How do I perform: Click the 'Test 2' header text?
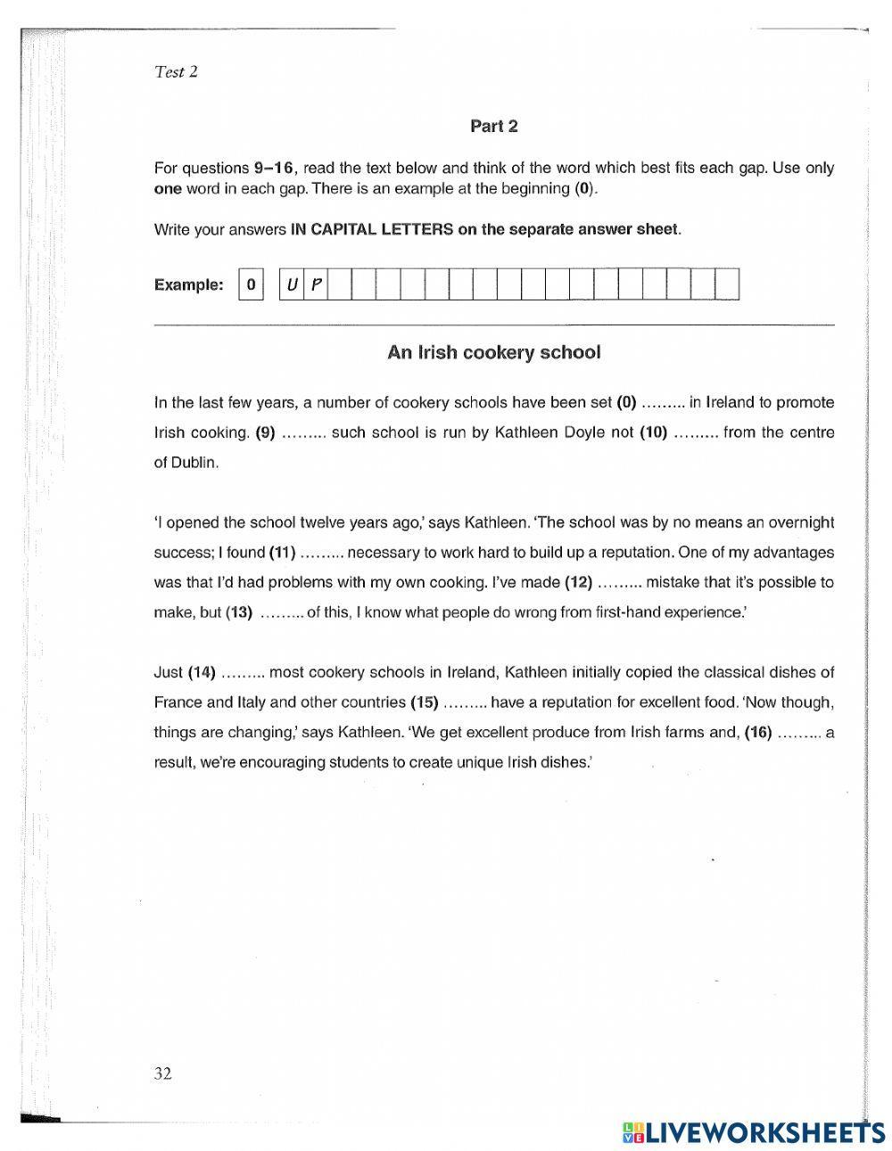176,72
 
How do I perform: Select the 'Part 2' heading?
493,127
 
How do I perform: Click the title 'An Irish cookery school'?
493,352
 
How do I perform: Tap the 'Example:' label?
189,285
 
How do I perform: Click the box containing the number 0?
251,285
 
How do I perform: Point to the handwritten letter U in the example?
292,285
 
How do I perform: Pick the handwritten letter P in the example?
316,285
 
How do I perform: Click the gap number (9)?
265,432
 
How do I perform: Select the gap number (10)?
653,432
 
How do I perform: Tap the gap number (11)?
282,553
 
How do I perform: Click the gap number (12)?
578,582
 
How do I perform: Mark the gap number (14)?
202,672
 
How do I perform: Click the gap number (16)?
756,733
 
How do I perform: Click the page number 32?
161,1073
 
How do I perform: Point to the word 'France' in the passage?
178,703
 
